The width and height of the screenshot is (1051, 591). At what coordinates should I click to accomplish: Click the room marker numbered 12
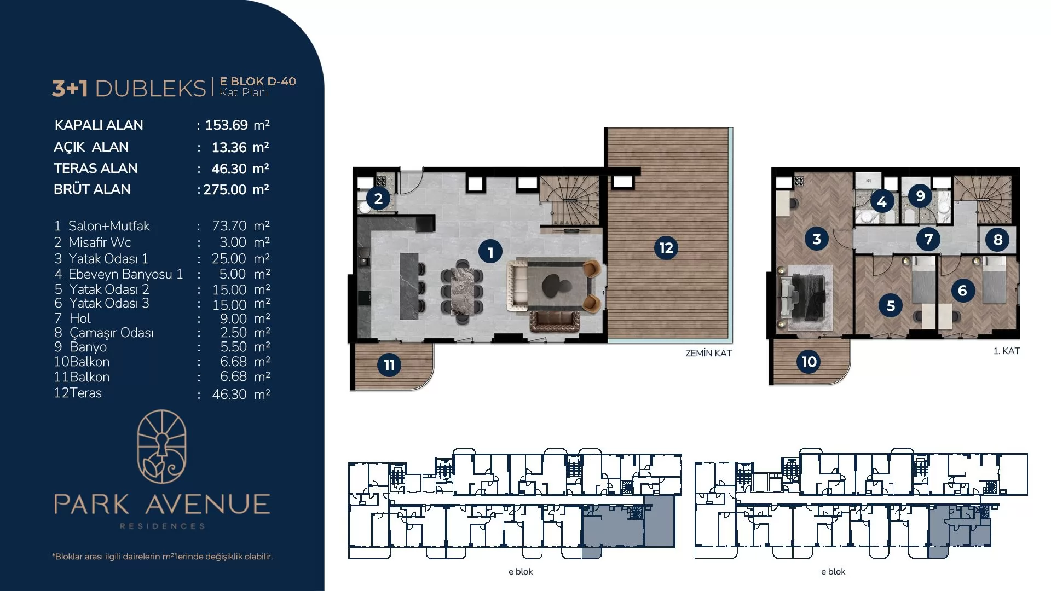pos(666,248)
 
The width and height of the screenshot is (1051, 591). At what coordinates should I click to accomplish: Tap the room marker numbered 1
pos(490,252)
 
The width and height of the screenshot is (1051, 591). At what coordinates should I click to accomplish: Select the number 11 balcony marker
pos(389,365)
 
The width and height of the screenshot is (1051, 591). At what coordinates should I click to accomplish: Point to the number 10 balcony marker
pos(809,361)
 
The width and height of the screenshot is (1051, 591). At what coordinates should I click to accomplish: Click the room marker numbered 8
pos(997,239)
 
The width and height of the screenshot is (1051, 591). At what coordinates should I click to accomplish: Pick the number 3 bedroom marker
pos(817,239)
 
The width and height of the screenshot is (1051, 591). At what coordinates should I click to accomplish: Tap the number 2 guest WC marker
pos(378,198)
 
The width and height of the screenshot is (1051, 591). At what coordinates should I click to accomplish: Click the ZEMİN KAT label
pos(708,354)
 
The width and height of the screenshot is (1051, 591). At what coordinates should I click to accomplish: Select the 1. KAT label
pos(1007,351)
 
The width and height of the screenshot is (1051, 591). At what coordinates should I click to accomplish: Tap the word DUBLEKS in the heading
pos(151,88)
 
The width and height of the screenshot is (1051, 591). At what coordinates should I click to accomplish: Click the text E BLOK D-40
pos(258,82)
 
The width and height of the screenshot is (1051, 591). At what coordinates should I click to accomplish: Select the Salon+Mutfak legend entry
pos(109,226)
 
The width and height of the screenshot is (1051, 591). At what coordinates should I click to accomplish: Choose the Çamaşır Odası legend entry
pos(111,333)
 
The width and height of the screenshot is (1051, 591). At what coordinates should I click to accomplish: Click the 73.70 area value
pos(229,226)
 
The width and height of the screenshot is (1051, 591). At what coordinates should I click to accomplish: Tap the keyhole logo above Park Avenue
pos(162,447)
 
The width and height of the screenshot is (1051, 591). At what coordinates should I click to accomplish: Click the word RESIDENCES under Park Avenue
pos(163,526)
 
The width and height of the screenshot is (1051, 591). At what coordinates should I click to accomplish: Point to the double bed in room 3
pos(804,296)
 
